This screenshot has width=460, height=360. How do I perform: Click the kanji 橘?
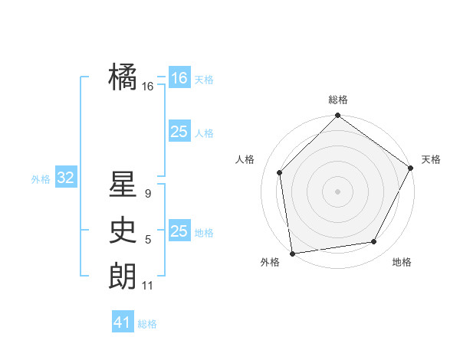(x=123, y=77)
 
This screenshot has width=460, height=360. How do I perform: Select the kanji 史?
(x=123, y=231)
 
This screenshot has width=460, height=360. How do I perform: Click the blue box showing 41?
(x=123, y=322)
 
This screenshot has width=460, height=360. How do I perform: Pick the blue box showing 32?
(x=66, y=178)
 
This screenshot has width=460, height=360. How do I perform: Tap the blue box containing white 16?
(x=179, y=78)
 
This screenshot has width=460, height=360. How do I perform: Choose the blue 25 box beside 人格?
(x=179, y=132)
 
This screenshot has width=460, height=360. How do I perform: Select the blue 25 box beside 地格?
(x=179, y=231)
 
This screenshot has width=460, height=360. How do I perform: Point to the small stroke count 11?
(x=148, y=286)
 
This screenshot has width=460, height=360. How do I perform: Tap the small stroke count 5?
(x=148, y=240)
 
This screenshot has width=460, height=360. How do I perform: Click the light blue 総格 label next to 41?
(x=147, y=324)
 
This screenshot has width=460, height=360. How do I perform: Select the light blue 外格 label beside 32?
(x=41, y=179)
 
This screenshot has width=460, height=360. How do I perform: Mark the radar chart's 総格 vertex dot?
(x=337, y=116)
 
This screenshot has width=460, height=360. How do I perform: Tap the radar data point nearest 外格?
(x=292, y=253)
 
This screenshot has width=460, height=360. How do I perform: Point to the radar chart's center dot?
(x=337, y=191)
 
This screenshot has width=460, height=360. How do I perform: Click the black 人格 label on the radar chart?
(x=245, y=159)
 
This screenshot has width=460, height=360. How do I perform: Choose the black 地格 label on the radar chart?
(x=402, y=263)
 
